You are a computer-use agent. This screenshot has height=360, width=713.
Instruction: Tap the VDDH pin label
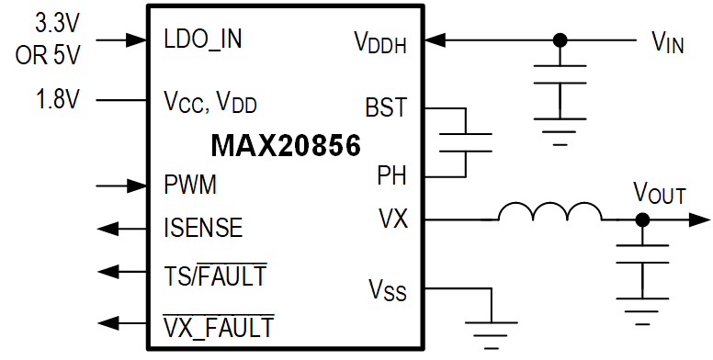[x=380, y=41]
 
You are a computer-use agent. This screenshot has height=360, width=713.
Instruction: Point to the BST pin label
[x=386, y=107]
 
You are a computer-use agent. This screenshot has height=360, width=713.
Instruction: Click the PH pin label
[x=392, y=174]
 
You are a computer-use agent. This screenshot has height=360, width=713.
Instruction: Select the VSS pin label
[x=387, y=293]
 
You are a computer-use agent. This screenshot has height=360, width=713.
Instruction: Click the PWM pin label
[x=190, y=186]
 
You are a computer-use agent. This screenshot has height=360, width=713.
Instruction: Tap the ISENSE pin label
[x=203, y=227]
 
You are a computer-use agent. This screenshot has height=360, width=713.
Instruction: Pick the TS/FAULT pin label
[x=214, y=275]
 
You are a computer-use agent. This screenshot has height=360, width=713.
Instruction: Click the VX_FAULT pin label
[x=218, y=325]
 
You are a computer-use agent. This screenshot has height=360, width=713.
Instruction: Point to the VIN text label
[x=667, y=41]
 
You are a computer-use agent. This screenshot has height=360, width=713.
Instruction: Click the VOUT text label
[x=659, y=194]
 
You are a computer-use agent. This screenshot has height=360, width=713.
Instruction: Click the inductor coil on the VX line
[x=549, y=215]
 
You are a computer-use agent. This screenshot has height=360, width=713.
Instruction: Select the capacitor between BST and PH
[x=466, y=141]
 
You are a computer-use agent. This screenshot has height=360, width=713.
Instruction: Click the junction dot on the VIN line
[x=560, y=40]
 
